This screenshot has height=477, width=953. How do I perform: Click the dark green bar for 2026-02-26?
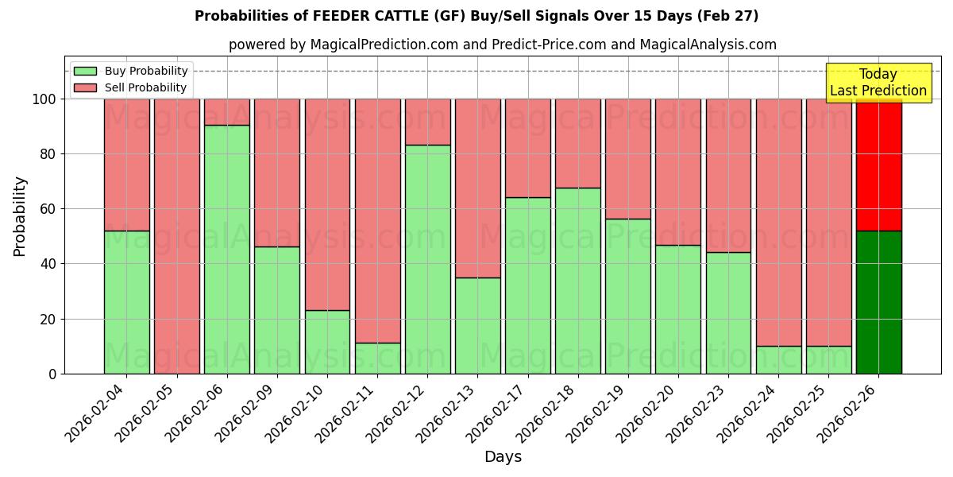[878, 302]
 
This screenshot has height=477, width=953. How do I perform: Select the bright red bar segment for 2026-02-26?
[878, 165]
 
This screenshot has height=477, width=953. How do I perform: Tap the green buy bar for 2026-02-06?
[227, 249]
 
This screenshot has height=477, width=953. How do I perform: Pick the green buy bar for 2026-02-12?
[428, 259]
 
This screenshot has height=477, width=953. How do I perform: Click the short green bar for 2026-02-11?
[377, 358]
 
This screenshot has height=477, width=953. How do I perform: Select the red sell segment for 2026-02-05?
[177, 236]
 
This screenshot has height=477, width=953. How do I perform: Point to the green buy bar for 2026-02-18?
[578, 281]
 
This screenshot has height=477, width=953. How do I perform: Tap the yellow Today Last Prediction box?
[878, 83]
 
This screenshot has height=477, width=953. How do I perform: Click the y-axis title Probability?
[20, 216]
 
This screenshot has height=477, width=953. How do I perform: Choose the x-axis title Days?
[503, 457]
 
